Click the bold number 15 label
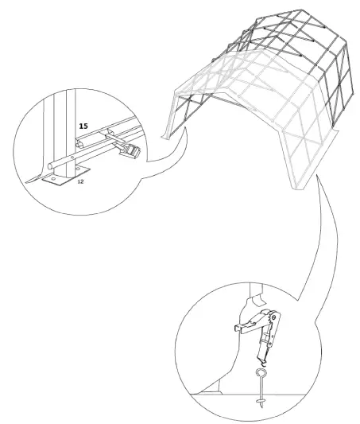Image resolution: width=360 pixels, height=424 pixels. tap(83, 126)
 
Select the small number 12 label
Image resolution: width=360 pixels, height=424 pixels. tap(80, 182)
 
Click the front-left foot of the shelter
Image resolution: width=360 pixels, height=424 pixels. tap(166, 134)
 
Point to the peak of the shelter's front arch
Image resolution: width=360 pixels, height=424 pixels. tap(230, 68)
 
